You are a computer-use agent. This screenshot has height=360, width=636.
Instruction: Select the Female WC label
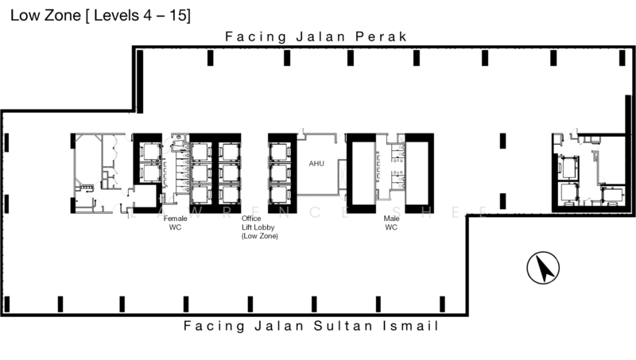tap(175, 222)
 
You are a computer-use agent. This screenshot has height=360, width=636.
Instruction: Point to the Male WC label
tap(391, 222)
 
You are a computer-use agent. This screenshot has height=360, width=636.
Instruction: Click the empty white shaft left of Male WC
tap(363, 172)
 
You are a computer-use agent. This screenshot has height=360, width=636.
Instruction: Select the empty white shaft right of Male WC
tap(420, 172)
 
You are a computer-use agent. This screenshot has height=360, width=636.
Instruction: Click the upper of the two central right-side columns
tap(502, 141)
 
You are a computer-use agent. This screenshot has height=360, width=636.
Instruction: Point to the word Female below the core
tap(175, 217)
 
